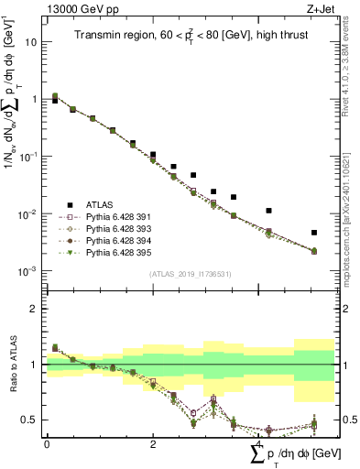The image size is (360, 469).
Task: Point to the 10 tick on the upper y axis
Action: pos(34,42)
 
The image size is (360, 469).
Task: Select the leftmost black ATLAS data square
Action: pos(55,101)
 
